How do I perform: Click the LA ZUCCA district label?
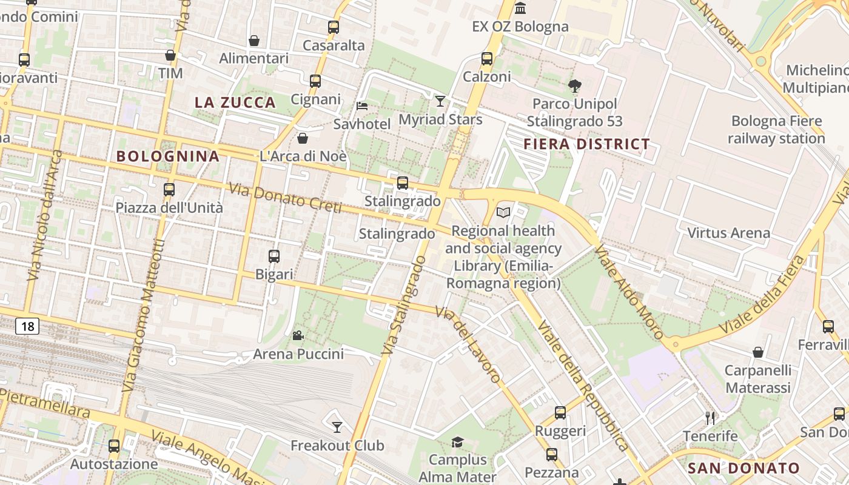tap(235, 102)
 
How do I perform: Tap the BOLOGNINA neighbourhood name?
tap(168, 156)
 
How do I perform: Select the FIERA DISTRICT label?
tap(586, 144)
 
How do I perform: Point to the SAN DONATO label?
tap(743, 468)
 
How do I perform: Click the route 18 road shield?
tap(27, 327)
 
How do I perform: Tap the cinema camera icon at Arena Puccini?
tap(298, 335)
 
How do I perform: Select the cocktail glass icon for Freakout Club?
tap(337, 427)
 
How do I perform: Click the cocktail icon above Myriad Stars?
tap(440, 101)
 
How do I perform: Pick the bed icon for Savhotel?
tap(362, 105)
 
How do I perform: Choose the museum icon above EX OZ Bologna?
tap(520, 8)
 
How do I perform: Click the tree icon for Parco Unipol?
tap(574, 86)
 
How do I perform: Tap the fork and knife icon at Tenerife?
tap(710, 418)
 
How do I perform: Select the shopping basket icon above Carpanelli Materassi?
tap(757, 352)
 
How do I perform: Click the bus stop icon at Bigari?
tap(274, 256)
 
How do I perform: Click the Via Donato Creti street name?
tap(285, 198)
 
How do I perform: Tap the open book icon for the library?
tap(503, 212)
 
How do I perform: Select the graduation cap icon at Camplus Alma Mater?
tap(457, 442)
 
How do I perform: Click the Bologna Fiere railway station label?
tap(776, 129)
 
